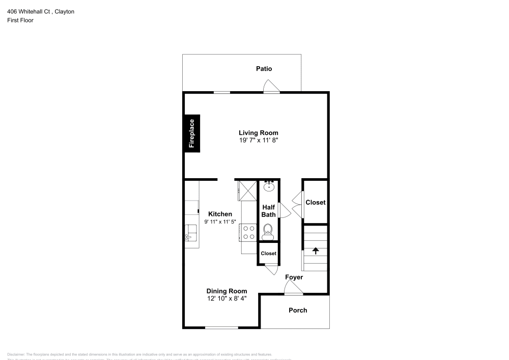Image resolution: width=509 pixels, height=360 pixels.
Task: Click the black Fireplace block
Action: pos(192,133)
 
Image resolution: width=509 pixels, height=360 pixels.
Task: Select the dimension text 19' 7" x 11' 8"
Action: pos(259,140)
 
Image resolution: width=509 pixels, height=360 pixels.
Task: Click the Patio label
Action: pos(264,69)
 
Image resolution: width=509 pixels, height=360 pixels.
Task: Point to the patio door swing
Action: pos(271,87)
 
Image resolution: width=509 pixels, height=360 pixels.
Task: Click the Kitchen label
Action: pos(220,214)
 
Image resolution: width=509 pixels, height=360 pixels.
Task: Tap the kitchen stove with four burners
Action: pos(249,233)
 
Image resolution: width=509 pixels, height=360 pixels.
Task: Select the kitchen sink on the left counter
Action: pos(191,233)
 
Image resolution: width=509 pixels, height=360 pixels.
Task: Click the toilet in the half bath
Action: pos(268,233)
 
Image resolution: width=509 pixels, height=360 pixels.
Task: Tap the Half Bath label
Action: pos(269,211)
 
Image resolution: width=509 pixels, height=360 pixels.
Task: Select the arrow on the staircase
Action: pos(316,251)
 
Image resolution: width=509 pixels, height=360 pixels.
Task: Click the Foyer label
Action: pos(294,278)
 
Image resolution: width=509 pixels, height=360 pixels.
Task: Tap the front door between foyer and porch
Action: pos(294,291)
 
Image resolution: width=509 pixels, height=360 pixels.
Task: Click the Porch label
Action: pos(298,310)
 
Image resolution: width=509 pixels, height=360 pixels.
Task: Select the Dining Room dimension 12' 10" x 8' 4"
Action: pos(227,298)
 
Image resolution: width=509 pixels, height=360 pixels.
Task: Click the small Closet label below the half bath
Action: pos(268,254)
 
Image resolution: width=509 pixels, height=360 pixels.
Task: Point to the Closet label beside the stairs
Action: pos(315,202)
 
